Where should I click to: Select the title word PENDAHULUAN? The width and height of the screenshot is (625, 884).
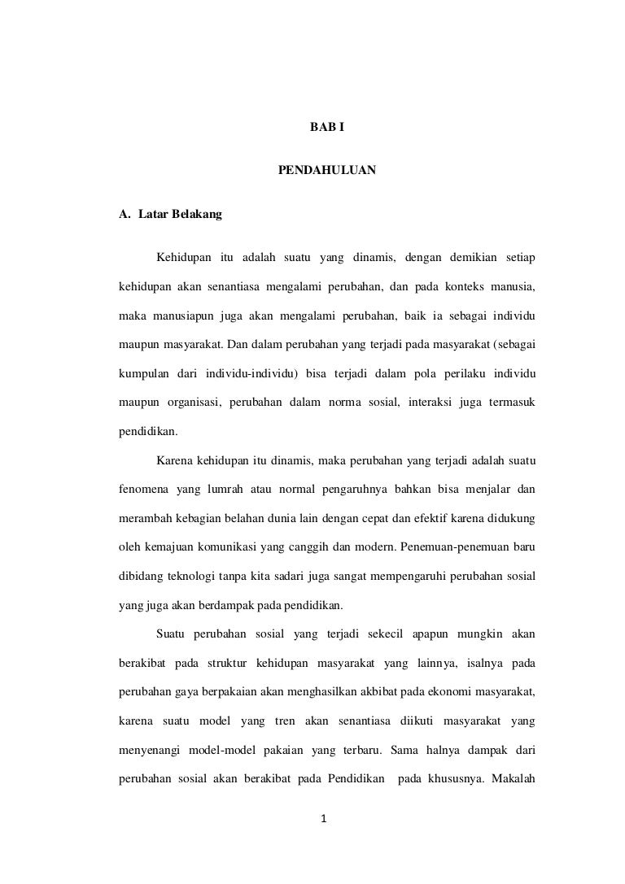pyautogui.click(x=327, y=172)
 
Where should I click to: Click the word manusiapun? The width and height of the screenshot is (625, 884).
pyautogui.click(x=185, y=314)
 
